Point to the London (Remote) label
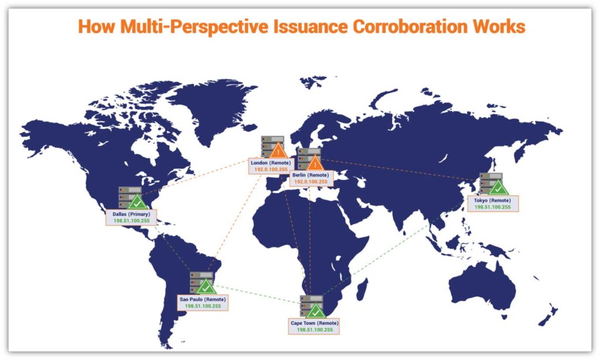point(271,162)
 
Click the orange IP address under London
point(271,169)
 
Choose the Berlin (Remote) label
point(311,175)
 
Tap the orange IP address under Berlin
point(311,182)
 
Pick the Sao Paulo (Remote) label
point(203,299)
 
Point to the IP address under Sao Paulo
point(203,306)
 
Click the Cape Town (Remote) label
point(314,323)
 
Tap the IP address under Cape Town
point(314,330)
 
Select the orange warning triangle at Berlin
point(315,164)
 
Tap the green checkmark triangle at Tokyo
point(498,189)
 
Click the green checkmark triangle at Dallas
point(138,203)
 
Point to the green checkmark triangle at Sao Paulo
point(205,287)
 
